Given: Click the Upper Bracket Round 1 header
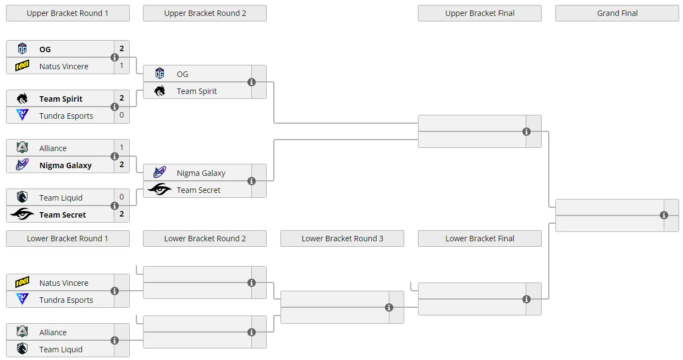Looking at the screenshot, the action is (68, 13).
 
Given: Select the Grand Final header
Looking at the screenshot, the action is (617, 13).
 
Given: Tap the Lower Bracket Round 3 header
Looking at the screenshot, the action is (342, 239).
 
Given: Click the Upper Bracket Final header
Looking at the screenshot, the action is (480, 13).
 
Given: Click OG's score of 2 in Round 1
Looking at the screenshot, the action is (122, 48).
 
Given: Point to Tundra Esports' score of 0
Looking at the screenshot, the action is (122, 115).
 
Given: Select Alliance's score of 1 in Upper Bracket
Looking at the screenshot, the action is (122, 147).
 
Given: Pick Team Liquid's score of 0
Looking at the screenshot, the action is (122, 197).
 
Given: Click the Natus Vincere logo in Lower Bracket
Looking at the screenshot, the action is (22, 283).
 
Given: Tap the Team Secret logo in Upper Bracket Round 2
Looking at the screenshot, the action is (159, 189).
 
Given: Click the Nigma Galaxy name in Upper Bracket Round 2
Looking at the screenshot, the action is (201, 173).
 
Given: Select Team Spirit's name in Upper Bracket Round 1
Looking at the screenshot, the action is (60, 99).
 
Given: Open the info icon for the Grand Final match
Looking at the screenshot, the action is (664, 215).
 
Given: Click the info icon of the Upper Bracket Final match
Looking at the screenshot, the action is (526, 132).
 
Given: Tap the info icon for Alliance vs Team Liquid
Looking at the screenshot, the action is (114, 341).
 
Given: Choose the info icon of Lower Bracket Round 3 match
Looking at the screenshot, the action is (389, 308).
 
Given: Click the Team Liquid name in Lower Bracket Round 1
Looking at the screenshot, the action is (60, 350).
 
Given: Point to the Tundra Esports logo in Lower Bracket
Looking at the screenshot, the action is (22, 299).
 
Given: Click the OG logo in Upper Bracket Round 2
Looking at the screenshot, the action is (159, 74).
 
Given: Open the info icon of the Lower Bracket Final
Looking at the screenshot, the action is (526, 300).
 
